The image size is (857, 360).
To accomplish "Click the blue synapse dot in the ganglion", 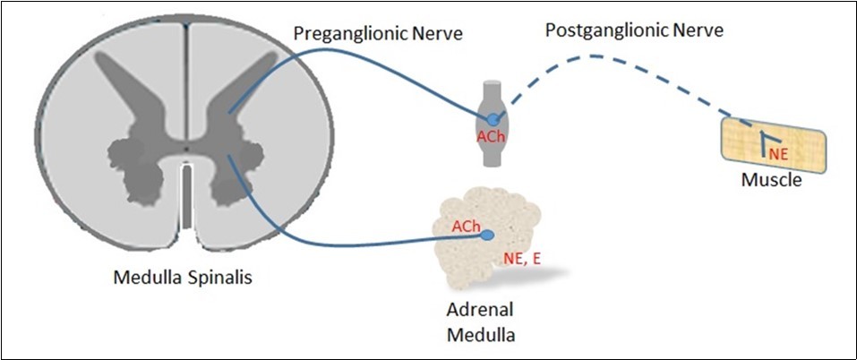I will pyautogui.click(x=493, y=118).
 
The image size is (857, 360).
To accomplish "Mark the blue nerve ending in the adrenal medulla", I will pyautogui.click(x=487, y=236).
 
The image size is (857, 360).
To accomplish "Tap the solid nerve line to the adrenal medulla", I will pyautogui.click(x=358, y=241).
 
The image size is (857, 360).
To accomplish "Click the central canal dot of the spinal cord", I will pyautogui.click(x=184, y=148).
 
